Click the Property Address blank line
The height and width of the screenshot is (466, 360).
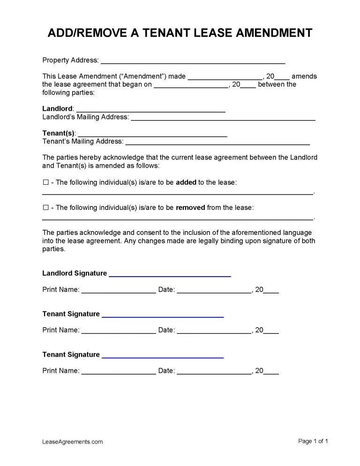[193, 61]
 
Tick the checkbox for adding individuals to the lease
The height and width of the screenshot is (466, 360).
[45, 182]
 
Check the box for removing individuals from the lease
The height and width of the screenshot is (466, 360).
[45, 208]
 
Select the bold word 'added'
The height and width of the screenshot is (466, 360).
[186, 182]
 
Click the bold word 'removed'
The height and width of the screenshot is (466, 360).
[190, 208]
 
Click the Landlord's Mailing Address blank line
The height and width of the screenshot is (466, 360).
[223, 119]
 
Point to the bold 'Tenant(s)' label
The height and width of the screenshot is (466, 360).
[59, 133]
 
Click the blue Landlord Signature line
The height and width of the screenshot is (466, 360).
[170, 275]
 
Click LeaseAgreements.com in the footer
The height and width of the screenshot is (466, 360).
[73, 442]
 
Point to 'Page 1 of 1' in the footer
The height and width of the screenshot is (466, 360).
[313, 441]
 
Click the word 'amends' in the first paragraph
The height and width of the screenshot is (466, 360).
[304, 76]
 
